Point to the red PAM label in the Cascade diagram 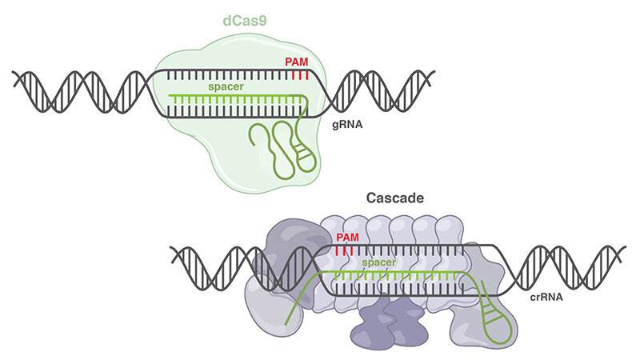tap(348, 238)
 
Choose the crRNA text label tap(547, 298)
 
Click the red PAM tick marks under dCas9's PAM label tap(300, 75)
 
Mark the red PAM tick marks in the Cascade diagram tap(345, 251)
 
